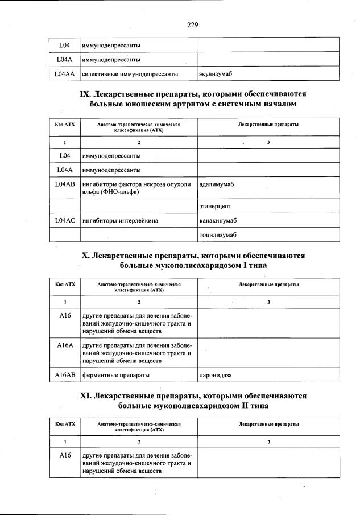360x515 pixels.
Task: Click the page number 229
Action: (192, 24)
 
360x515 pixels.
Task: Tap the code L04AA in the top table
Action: (65, 74)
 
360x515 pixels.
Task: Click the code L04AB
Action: (65, 184)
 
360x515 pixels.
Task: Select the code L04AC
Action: (65, 220)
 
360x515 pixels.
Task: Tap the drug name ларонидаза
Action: (216, 375)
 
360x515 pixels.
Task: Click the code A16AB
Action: (65, 375)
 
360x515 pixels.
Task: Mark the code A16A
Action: (65, 345)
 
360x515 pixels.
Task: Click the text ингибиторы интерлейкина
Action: (120, 220)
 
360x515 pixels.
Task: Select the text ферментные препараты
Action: (116, 375)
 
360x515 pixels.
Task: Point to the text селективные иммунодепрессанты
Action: (130, 74)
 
